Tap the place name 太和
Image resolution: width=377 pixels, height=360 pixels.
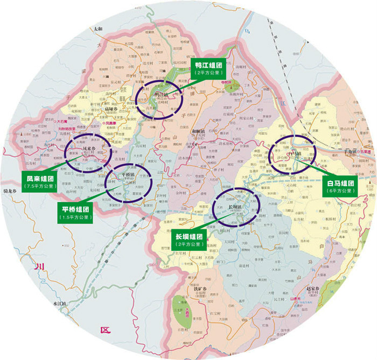pyautogui.click(x=97, y=27)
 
